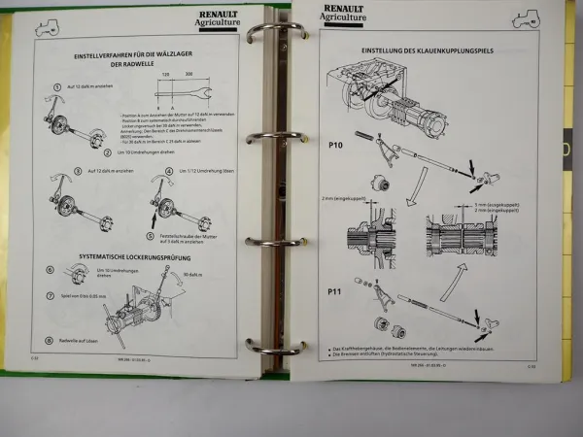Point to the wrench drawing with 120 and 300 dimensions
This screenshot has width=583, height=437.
(x=186, y=94)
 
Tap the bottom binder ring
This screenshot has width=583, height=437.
(x=269, y=346)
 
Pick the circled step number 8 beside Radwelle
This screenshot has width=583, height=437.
(x=50, y=341)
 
